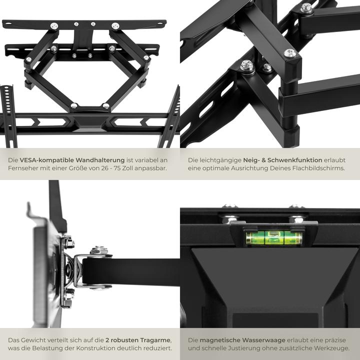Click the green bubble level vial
pyautogui.click(x=273, y=237)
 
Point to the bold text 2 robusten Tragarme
pyautogui.click(x=138, y=339)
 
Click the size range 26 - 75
pyautogui.click(x=121, y=168)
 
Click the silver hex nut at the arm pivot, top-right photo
pyautogui.click(x=246, y=65)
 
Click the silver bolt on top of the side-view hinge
pyautogui.click(x=99, y=250)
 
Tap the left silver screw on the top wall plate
pyautogui.click(x=54, y=26)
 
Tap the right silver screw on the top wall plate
pyautogui.click(x=115, y=26)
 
